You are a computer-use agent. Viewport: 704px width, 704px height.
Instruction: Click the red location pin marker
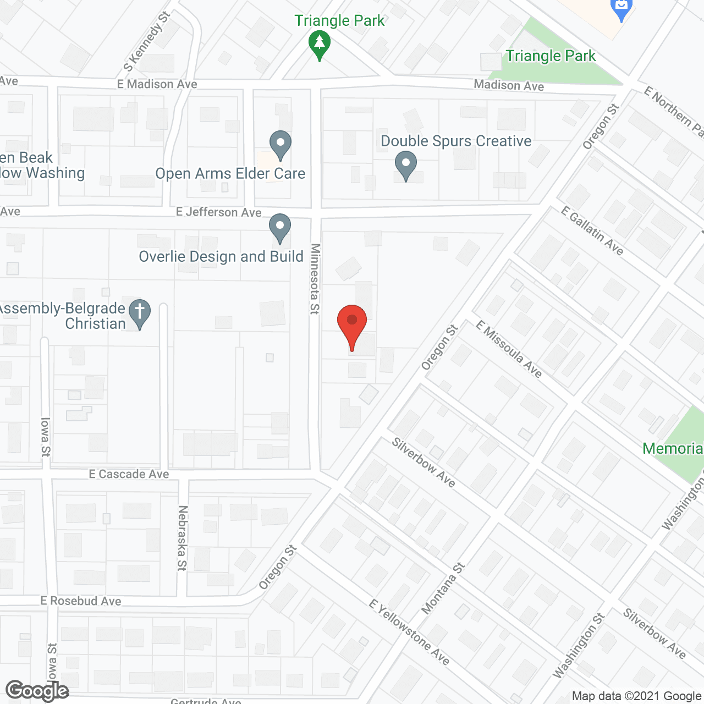pyautogui.click(x=352, y=324)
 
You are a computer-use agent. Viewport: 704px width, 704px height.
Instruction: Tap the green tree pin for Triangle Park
pyautogui.click(x=319, y=43)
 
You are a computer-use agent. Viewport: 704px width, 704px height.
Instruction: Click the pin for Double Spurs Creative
pyautogui.click(x=406, y=166)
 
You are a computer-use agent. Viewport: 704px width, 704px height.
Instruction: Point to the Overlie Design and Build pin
pyautogui.click(x=280, y=227)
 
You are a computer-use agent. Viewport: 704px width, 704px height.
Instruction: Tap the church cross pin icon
pyautogui.click(x=140, y=313)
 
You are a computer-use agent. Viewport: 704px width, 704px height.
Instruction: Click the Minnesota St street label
pyautogui.click(x=315, y=279)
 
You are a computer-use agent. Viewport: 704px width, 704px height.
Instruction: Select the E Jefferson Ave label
pyautogui.click(x=218, y=212)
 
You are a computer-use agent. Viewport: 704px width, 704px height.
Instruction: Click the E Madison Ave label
pyautogui.click(x=157, y=84)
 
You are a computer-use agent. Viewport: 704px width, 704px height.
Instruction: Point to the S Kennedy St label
pyautogui.click(x=147, y=41)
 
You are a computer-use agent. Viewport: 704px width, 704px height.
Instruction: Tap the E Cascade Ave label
pyautogui.click(x=129, y=474)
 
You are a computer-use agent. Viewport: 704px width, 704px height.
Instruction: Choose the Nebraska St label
pyautogui.click(x=183, y=538)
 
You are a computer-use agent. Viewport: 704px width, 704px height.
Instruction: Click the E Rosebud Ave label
pyautogui.click(x=81, y=601)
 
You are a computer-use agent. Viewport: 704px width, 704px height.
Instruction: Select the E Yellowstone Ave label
pyautogui.click(x=409, y=632)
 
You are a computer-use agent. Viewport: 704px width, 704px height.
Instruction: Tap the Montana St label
pyautogui.click(x=443, y=588)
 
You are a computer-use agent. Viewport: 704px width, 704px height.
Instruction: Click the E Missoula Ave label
pyautogui.click(x=509, y=349)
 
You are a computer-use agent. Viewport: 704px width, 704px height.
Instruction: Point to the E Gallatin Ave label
pyautogui.click(x=592, y=231)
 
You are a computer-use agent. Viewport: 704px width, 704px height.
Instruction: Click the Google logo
pyautogui.click(x=37, y=691)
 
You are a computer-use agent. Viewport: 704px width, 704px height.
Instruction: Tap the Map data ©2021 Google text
pyautogui.click(x=636, y=696)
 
